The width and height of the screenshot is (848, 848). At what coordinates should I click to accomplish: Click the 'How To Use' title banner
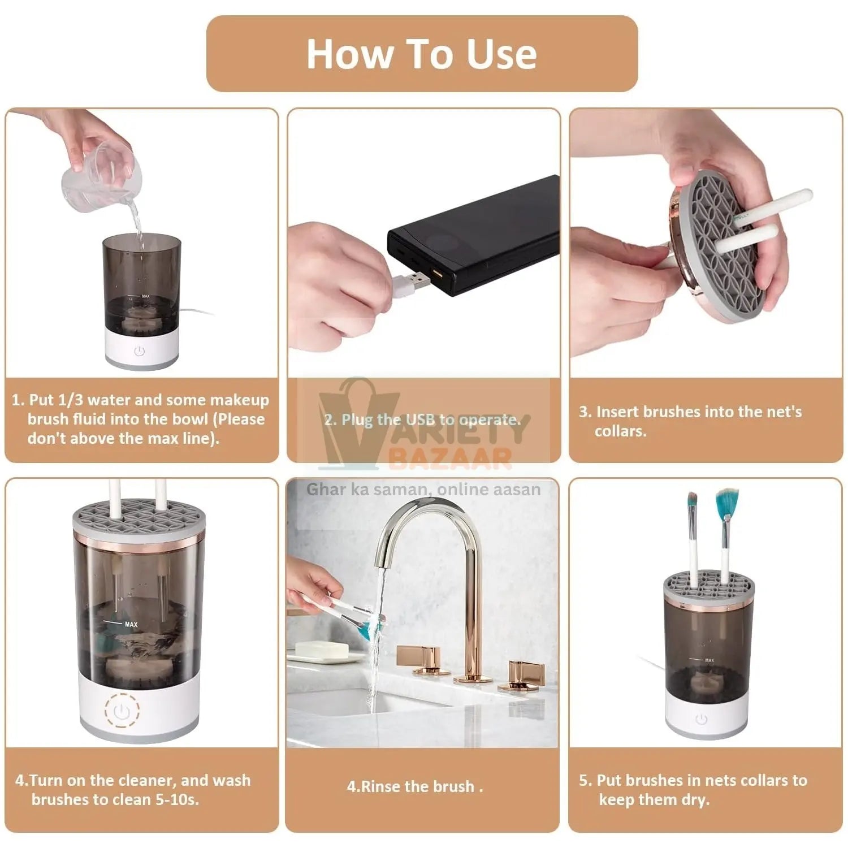click(x=422, y=54)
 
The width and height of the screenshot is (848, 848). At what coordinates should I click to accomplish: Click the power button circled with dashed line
click(x=122, y=711)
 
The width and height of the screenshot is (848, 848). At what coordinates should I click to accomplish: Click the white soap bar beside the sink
click(x=319, y=650)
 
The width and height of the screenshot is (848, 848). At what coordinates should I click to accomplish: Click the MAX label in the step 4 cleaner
click(x=131, y=624)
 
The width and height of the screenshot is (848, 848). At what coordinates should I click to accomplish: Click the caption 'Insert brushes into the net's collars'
click(x=690, y=421)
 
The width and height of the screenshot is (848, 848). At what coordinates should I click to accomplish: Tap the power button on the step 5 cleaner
click(x=702, y=720)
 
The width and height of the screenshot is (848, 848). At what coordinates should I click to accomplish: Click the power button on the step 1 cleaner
click(x=140, y=351)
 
